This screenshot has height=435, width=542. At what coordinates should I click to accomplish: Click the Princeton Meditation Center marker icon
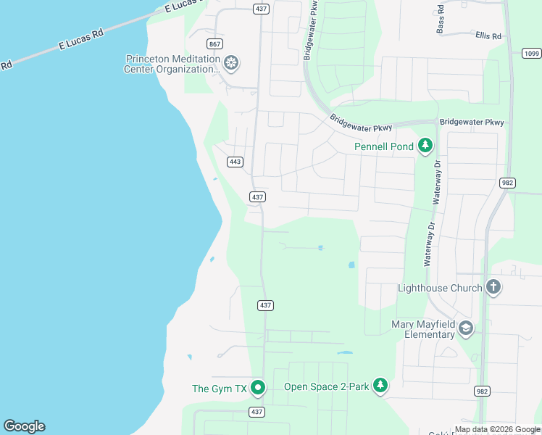coord(231,64)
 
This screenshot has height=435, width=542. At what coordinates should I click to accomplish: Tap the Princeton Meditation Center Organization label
coord(172,65)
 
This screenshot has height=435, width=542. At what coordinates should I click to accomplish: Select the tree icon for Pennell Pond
coord(425,146)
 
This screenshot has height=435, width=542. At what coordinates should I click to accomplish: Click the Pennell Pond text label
coord(384,147)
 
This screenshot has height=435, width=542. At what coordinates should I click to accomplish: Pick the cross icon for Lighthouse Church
coord(493,287)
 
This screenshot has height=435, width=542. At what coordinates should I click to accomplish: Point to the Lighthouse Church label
coord(440,288)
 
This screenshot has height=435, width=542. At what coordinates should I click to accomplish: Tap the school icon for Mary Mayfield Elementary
coord(465,329)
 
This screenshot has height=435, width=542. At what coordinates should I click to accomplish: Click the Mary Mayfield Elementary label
coord(424,329)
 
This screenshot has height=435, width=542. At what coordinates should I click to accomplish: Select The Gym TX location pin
coord(258,389)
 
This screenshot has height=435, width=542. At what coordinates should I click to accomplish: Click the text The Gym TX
coord(220,389)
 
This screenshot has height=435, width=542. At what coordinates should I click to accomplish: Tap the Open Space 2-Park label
coord(327,386)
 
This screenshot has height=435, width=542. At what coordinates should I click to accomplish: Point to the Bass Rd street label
coord(441,22)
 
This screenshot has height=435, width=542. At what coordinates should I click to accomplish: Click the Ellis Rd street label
coord(488,36)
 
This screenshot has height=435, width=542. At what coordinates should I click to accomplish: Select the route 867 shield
coord(214,43)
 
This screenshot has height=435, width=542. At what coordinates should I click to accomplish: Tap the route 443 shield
coord(234,162)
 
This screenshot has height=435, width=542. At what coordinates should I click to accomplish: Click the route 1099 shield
coord(531,53)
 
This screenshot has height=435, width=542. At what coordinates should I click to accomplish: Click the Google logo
coord(24,426)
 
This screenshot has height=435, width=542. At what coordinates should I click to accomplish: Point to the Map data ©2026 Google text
coord(497,429)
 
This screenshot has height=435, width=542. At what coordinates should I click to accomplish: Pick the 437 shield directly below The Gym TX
coord(257,412)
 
